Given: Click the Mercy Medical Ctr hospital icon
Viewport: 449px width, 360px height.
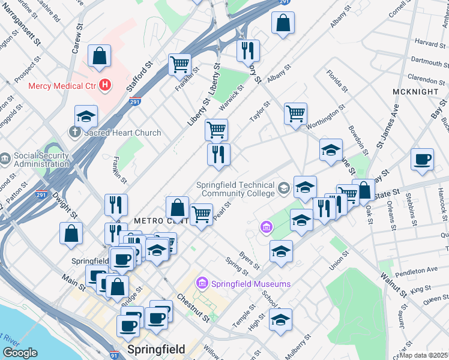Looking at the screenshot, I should pos(105,85).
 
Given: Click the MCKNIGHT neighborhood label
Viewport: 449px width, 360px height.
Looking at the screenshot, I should pos(415,91).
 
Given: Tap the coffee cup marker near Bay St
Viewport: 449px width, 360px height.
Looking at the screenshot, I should pos(422,160).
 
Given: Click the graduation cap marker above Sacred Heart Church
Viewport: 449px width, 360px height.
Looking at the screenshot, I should pos(86,116).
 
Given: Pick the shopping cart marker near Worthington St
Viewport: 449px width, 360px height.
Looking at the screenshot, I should pos(295,113).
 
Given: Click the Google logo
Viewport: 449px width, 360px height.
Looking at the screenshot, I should pos(20,353).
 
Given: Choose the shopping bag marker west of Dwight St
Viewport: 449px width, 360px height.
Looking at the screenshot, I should pos(71,235).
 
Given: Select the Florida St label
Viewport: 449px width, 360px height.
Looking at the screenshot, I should pos(337,81).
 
